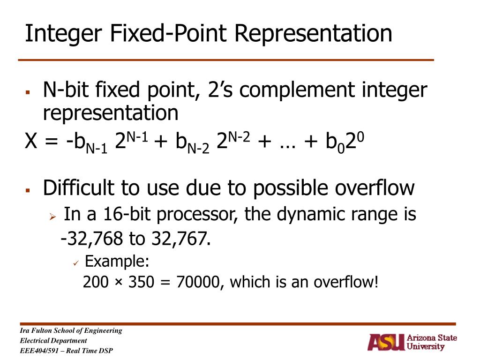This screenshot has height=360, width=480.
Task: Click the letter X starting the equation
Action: [x=31, y=140]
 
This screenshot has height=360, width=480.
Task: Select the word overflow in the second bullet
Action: [x=375, y=188]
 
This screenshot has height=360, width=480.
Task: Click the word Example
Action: [x=117, y=261]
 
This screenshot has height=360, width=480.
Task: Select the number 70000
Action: [x=200, y=282]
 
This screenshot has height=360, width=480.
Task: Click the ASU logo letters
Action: [x=385, y=342]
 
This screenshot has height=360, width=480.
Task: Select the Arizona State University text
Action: [x=431, y=342]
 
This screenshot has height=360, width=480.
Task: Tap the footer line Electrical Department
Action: [x=53, y=341]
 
